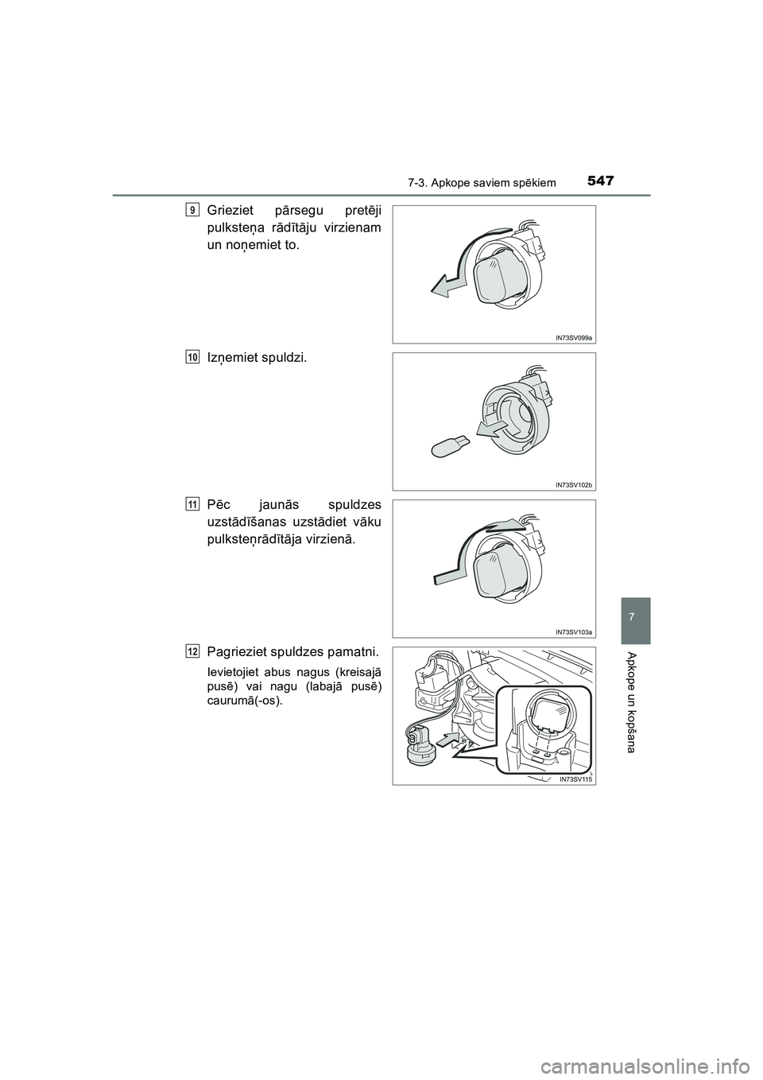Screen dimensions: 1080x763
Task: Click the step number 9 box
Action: click(x=193, y=209)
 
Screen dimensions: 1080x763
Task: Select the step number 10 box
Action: click(x=193, y=357)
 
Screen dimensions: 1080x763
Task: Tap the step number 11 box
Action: click(x=193, y=504)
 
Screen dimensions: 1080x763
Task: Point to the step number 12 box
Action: click(x=193, y=651)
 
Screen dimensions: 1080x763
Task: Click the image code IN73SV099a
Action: click(x=574, y=337)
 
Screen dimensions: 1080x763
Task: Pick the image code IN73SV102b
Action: click(x=574, y=484)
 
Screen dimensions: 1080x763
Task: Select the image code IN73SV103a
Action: click(x=574, y=631)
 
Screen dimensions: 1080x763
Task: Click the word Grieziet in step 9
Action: click(x=230, y=211)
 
